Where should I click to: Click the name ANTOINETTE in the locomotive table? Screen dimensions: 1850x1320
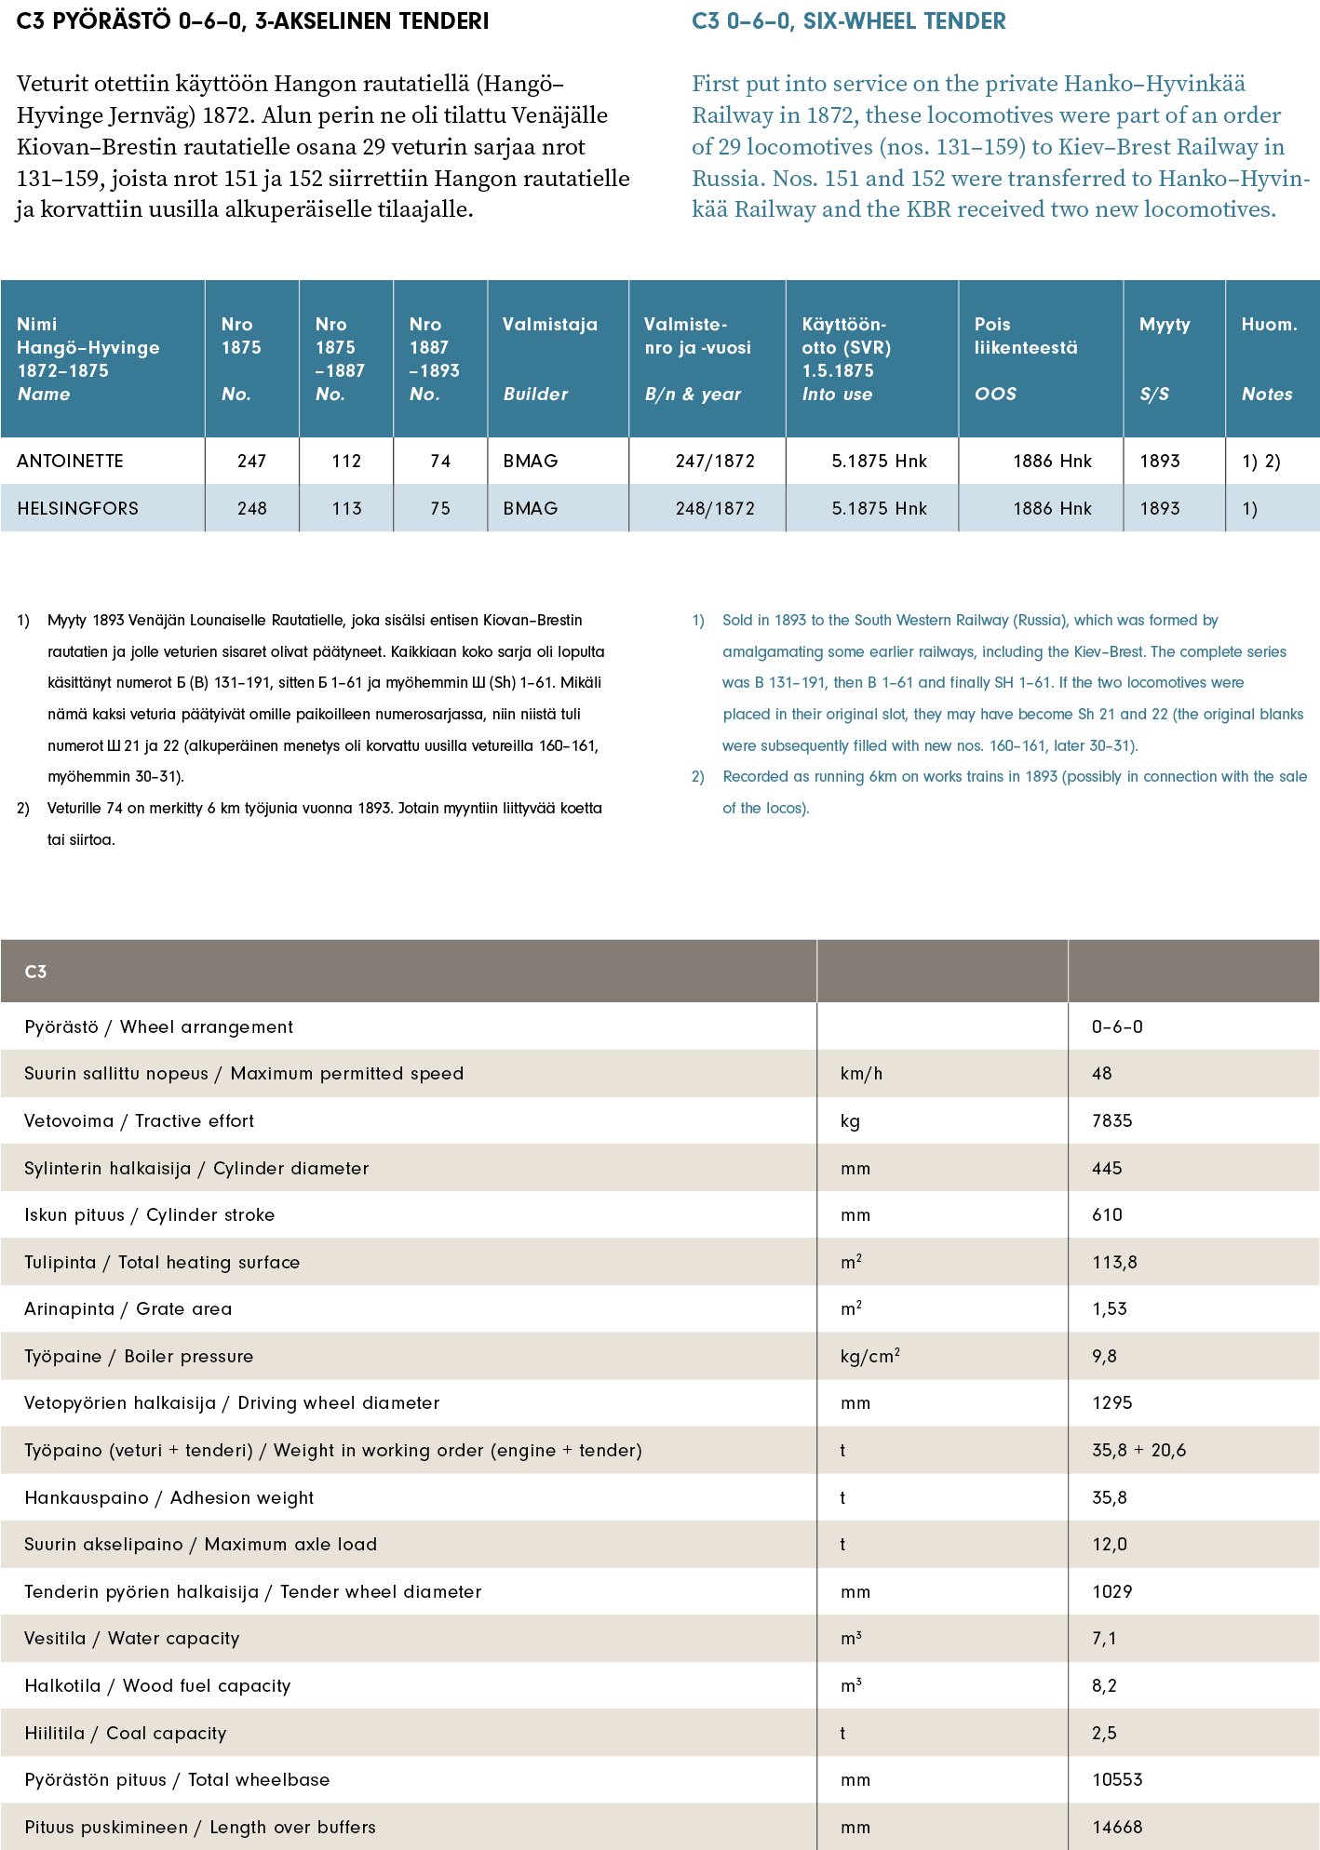coord(70,462)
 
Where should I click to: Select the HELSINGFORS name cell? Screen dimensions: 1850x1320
coord(77,509)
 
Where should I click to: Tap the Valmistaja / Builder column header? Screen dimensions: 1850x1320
coord(549,358)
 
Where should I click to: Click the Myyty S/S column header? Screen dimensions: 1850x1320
coord(1164,358)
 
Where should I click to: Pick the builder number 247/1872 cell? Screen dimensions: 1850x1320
coord(715,462)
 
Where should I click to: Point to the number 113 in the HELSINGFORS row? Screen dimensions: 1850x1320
coord(346,509)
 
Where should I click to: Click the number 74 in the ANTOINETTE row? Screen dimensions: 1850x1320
coord(440,462)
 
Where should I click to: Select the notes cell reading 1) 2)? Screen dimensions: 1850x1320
coord(1260,462)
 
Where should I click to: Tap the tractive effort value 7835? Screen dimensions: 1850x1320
coord(1111,1121)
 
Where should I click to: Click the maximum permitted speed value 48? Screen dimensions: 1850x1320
coord(1102,1074)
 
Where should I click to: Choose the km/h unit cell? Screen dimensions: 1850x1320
coord(861,1074)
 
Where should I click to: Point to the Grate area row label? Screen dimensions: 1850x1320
coord(128,1309)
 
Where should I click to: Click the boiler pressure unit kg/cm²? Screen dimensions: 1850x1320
coord(869,1357)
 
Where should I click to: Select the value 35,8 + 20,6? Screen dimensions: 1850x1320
coord(1138,1451)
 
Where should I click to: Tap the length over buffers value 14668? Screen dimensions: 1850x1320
coord(1117,1828)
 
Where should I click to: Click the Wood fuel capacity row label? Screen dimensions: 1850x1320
coord(157,1686)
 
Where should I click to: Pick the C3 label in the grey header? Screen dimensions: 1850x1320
coord(35,972)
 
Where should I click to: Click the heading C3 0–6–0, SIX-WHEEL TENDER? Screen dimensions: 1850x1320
coord(848,21)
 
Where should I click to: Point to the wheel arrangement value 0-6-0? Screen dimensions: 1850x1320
coord(1117,1027)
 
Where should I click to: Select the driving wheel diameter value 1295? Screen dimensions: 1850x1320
coord(1111,1403)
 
